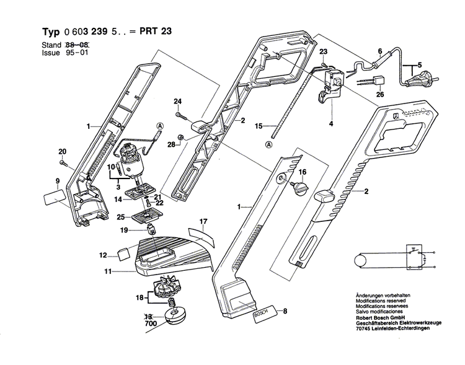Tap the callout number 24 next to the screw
pos(177,102)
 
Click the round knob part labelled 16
pos(302,187)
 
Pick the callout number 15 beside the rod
pos(259,125)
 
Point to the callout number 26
pos(381,95)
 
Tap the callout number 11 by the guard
pos(107,271)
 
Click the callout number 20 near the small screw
pos(62,152)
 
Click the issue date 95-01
pos(71,53)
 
